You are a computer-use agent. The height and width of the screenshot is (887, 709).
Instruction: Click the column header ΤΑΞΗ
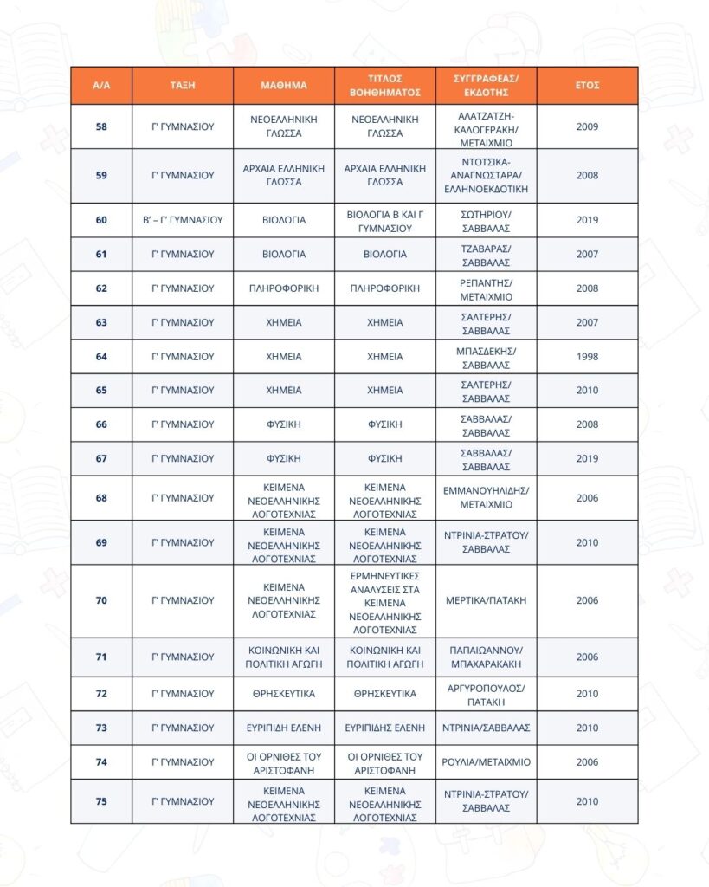[x=183, y=86]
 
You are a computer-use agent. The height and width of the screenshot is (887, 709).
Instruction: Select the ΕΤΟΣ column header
[x=587, y=86]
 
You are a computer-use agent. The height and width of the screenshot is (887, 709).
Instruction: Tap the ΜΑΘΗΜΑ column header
[x=284, y=86]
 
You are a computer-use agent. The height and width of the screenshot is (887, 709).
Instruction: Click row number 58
[x=101, y=126]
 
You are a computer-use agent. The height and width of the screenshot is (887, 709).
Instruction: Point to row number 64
[x=101, y=356]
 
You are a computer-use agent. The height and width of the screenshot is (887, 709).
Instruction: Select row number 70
[x=101, y=600]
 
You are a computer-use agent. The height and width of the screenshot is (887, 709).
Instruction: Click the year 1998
[x=587, y=356]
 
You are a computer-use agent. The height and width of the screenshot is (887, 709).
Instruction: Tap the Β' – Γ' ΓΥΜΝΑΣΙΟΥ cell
[x=183, y=220]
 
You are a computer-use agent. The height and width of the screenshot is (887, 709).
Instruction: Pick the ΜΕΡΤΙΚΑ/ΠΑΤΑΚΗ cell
[x=486, y=600]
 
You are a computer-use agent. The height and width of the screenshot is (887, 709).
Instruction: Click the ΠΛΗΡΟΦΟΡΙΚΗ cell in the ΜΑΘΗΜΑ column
[x=284, y=288]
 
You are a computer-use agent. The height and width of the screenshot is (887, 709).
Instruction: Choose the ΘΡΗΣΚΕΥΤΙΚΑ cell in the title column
[x=384, y=694]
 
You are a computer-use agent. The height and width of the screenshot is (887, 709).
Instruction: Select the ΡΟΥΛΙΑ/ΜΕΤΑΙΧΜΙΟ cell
[x=486, y=762]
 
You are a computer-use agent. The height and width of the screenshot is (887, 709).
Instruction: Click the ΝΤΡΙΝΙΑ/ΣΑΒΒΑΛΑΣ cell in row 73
[x=486, y=728]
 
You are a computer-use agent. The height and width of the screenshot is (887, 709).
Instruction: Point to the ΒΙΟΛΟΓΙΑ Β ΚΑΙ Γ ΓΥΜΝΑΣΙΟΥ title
[x=384, y=220]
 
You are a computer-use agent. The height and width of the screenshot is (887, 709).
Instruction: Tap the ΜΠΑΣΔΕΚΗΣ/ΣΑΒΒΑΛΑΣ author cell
[x=486, y=356]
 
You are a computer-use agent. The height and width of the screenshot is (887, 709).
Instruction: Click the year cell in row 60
[x=587, y=220]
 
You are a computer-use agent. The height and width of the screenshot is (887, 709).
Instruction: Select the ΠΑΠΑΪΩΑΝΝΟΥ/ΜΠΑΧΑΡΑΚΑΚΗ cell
[x=486, y=657]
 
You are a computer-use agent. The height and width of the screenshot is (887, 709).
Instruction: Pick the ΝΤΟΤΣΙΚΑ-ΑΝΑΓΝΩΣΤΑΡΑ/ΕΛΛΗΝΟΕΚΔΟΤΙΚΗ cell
[x=486, y=175]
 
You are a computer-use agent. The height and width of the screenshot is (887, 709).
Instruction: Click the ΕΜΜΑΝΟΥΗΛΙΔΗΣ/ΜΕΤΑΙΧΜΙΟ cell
[x=486, y=497]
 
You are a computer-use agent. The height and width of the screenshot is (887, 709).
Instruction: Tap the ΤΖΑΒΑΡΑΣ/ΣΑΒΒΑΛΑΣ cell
[x=486, y=255]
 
